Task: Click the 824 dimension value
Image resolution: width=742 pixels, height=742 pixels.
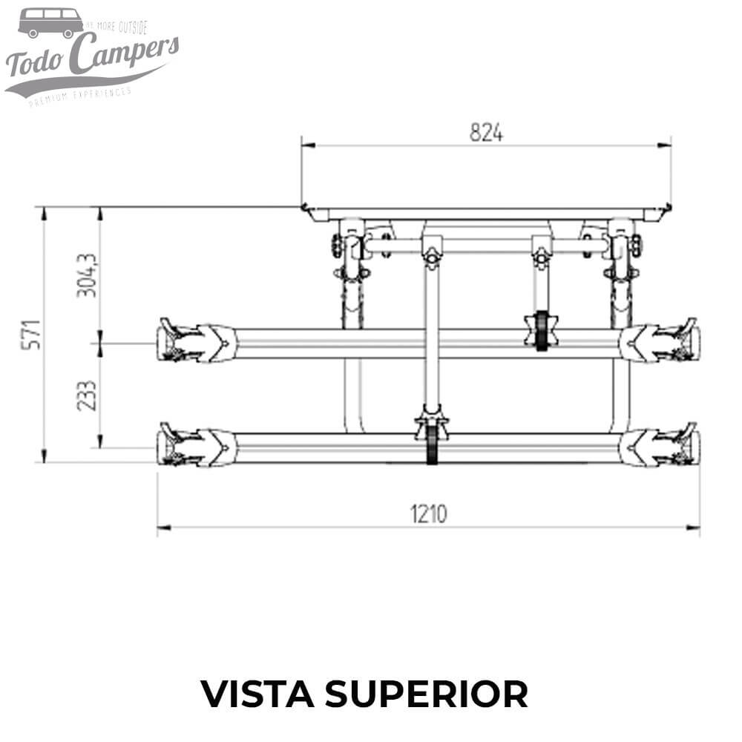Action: pyautogui.click(x=486, y=133)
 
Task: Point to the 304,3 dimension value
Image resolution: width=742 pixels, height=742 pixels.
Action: pyautogui.click(x=88, y=274)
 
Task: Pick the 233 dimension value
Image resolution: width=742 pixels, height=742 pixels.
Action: pyautogui.click(x=88, y=395)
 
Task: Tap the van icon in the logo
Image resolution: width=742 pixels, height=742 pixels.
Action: pyautogui.click(x=50, y=22)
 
